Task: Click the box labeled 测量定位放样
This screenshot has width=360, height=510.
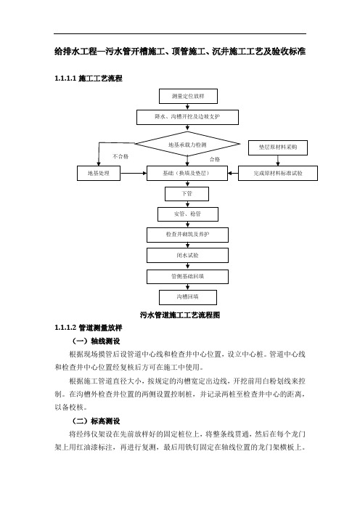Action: pos(188,97)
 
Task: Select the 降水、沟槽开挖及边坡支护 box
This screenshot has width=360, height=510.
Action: pos(187,117)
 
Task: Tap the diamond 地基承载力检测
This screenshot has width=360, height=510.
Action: pos(187,144)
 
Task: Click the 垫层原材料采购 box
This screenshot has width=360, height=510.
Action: pos(278,147)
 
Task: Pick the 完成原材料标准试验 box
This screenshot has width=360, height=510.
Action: pos(278,174)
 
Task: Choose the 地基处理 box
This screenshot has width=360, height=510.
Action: pos(99,174)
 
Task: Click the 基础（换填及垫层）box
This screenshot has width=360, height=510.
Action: pos(187,174)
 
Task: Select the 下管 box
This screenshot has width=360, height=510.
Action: pos(187,194)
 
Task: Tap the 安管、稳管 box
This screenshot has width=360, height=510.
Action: pos(188,214)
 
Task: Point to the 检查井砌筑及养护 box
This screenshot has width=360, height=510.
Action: pos(187,235)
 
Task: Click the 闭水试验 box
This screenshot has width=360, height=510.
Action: pos(187,255)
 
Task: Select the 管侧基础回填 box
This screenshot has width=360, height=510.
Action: pos(187,277)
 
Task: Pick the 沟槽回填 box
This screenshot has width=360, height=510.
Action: pos(188,297)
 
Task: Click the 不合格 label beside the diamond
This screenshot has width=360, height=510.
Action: pos(121,156)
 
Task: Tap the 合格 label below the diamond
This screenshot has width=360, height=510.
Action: pos(215,159)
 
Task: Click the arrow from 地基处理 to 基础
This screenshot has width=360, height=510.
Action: pos(134,174)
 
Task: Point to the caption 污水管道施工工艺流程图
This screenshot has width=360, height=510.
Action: pos(180,315)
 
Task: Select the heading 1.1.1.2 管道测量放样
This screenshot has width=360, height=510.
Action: pos(89,328)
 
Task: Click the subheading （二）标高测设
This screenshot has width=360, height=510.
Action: pos(96,421)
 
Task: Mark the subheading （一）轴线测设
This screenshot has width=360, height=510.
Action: pos(96,341)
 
